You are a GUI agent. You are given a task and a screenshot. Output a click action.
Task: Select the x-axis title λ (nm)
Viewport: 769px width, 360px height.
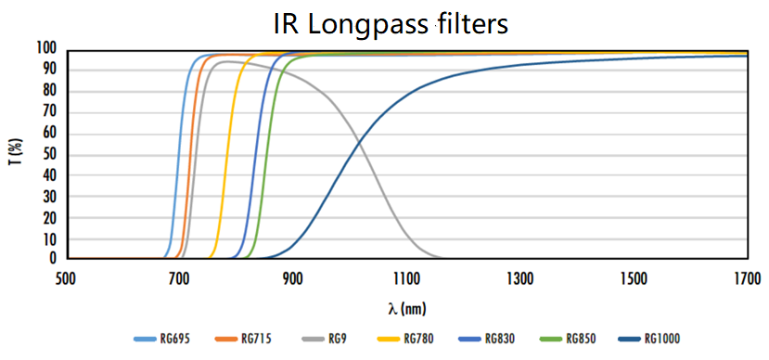pyautogui.click(x=405, y=306)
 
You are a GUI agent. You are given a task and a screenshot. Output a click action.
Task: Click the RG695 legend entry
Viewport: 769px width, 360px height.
pyautogui.click(x=168, y=340)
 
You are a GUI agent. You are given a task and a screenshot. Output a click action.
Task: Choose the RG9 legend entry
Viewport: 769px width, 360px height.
pyautogui.click(x=323, y=340)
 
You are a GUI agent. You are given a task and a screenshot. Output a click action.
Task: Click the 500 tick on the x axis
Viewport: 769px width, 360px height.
pyautogui.click(x=65, y=277)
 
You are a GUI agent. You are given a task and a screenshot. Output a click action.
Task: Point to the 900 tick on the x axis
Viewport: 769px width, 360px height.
pyautogui.click(x=292, y=277)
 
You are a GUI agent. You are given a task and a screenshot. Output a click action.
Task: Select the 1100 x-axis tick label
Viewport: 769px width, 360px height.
pyautogui.click(x=405, y=277)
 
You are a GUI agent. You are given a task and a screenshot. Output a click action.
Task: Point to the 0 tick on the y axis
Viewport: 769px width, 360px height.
pyautogui.click(x=53, y=259)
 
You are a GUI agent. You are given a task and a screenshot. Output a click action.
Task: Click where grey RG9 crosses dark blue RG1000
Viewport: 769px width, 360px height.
pyautogui.click(x=360, y=142)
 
